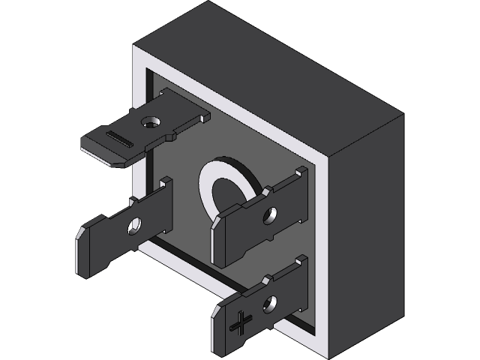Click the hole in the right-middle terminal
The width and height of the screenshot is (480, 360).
pos(268,217)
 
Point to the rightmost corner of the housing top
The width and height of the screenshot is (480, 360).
pos(403,115)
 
